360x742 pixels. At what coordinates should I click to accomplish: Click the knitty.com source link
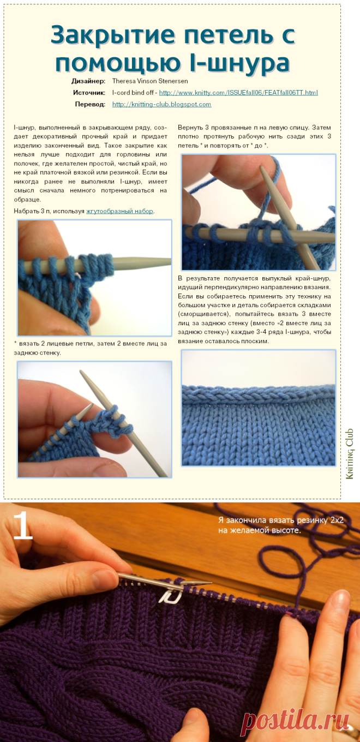[x=238, y=93]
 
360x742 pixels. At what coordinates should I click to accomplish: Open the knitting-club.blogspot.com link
[x=161, y=104]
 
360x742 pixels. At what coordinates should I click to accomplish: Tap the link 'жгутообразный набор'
[x=120, y=211]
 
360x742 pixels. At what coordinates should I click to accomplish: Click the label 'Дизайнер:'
[x=88, y=81]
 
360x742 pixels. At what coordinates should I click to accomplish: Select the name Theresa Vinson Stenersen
[x=150, y=81]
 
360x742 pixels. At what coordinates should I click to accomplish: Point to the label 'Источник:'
[x=89, y=93]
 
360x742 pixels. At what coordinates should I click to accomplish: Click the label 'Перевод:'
[x=90, y=104]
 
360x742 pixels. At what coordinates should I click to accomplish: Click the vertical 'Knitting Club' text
[x=350, y=453]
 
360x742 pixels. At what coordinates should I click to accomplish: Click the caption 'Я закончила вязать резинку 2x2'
[x=281, y=520]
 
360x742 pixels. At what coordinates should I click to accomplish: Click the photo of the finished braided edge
[x=259, y=408]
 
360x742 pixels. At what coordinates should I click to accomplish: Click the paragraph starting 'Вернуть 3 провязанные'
[x=254, y=136]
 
